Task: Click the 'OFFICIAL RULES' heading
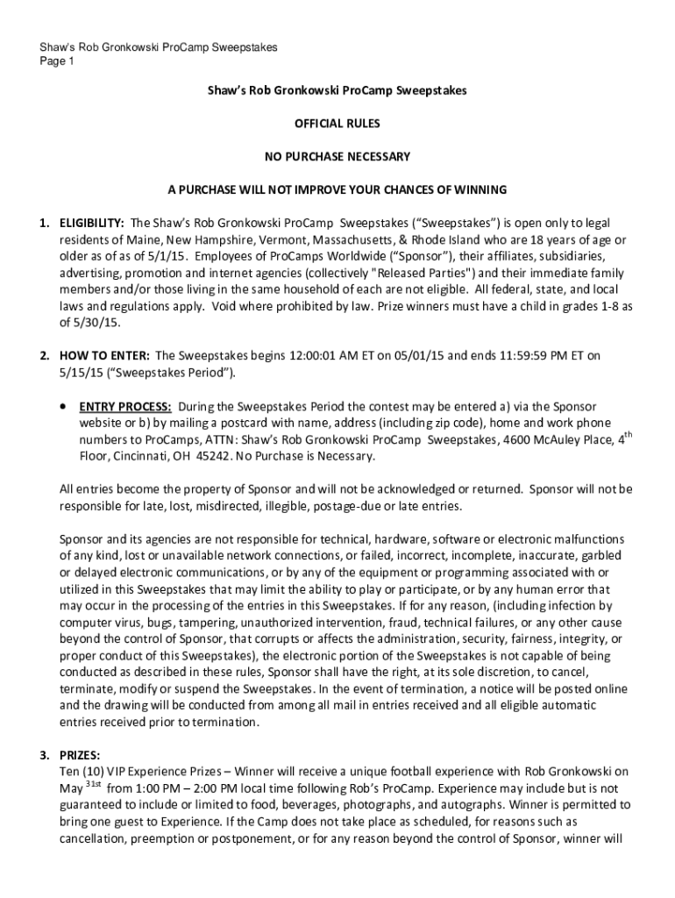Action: click(337, 124)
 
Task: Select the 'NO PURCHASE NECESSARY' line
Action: click(337, 157)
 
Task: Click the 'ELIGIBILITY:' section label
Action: click(91, 223)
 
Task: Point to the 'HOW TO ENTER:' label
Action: click(103, 355)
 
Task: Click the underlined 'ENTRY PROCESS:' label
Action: click(125, 406)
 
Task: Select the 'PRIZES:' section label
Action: click(80, 755)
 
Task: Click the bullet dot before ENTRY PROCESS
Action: click(63, 407)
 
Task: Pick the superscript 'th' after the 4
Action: click(627, 435)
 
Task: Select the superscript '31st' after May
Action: click(94, 784)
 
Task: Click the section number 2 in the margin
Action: click(42, 355)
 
